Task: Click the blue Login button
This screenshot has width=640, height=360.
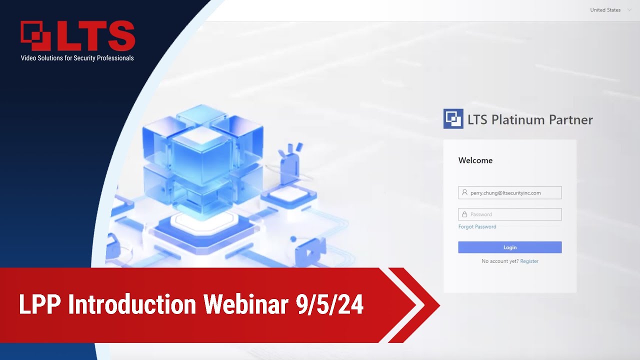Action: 509,247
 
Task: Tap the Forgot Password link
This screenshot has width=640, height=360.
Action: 477,227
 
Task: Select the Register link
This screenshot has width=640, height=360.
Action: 529,261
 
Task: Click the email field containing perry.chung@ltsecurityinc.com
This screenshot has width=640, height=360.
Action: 510,192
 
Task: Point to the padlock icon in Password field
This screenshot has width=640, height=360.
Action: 464,214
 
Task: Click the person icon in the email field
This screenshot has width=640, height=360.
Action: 464,192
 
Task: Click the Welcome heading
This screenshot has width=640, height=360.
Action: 475,160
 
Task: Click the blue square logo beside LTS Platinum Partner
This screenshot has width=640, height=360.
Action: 453,119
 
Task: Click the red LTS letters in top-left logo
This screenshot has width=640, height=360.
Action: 95,36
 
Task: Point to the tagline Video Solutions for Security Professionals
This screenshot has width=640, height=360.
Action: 77,58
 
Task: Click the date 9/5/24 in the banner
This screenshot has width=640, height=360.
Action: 329,304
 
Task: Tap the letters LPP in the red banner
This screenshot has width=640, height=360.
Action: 41,304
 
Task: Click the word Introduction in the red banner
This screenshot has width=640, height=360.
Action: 132,304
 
